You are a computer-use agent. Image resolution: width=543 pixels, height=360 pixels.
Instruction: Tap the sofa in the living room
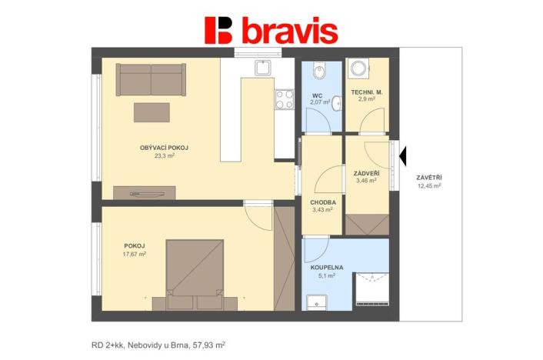click(150, 78)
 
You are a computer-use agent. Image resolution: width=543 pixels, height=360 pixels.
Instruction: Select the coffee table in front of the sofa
click(152, 112)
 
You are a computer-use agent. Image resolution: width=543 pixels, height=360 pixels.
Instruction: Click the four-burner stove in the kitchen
click(284, 99)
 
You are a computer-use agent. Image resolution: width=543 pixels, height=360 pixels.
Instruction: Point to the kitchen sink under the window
click(263, 68)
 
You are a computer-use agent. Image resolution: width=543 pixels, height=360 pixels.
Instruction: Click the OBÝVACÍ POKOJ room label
click(165, 148)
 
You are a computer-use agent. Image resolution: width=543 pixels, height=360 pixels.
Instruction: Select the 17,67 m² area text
click(135, 254)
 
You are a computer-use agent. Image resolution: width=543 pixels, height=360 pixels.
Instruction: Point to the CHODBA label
click(322, 202)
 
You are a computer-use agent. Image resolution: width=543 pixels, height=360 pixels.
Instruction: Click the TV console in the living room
click(144, 192)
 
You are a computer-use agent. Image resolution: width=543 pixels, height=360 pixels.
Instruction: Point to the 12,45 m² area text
click(429, 186)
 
